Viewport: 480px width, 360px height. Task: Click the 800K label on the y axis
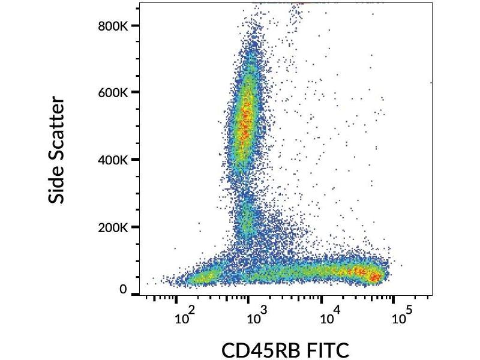[x=112, y=26]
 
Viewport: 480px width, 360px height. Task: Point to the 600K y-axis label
[x=112, y=92]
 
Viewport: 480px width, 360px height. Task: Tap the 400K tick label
[x=112, y=160]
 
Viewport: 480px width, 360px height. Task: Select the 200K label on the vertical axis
[x=112, y=227]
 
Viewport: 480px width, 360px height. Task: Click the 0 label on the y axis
[x=123, y=289]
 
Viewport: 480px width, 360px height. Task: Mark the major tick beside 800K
[x=135, y=26]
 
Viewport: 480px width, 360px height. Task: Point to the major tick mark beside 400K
[x=135, y=160]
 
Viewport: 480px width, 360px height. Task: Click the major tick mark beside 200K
[x=135, y=227]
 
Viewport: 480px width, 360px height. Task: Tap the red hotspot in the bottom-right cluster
[x=373, y=276]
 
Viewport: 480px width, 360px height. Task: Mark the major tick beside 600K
[x=135, y=92]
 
